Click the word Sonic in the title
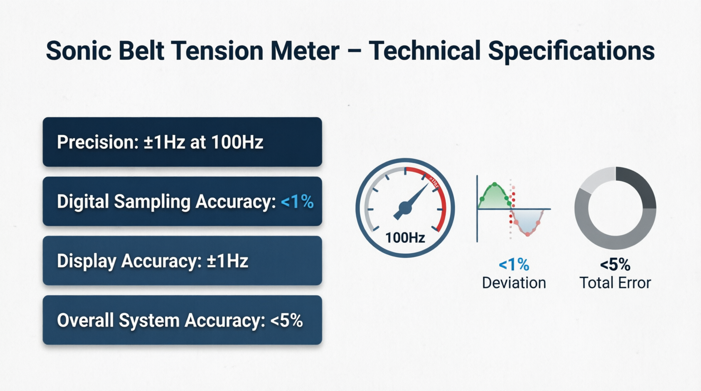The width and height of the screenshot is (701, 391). pos(78,51)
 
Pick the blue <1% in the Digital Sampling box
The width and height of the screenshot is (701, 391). pos(297,201)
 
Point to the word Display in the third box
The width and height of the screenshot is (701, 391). pos(86,261)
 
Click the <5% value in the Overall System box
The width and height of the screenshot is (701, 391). pos(286,320)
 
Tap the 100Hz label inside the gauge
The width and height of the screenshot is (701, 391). pos(405,238)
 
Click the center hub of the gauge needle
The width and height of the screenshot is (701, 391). pos(405,208)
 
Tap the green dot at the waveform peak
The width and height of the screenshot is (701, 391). pos(495,185)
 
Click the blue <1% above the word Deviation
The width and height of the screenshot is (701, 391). pos(514,265)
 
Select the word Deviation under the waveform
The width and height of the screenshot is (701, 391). pos(514,283)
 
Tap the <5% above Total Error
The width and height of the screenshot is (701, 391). pos(615,265)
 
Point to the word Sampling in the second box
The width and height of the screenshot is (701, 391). pos(153,202)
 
